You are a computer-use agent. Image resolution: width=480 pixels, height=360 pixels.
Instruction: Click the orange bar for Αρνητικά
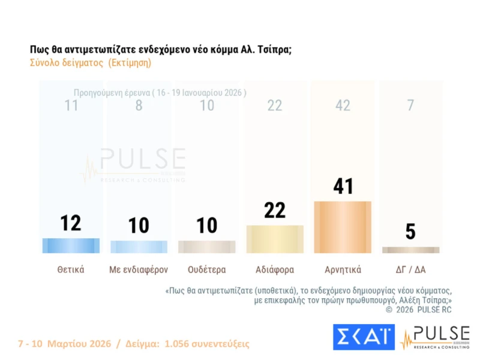point(343,227)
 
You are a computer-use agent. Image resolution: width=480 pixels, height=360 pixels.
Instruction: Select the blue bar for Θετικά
point(71,246)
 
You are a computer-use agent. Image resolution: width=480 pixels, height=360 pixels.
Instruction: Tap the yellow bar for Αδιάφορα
point(275,239)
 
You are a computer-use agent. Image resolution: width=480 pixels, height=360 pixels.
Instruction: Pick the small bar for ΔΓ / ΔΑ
point(410,250)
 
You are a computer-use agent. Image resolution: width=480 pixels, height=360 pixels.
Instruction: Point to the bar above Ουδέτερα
point(207,247)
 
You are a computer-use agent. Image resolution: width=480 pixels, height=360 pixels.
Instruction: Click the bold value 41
point(343,187)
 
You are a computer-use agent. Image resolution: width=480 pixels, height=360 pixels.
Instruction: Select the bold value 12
point(71,223)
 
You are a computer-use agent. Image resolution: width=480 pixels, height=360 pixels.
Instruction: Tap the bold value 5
point(410,232)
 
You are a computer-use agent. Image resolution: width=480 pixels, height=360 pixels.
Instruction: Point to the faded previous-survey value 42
point(343,106)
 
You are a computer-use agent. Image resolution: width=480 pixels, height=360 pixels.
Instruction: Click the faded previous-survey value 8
point(139,106)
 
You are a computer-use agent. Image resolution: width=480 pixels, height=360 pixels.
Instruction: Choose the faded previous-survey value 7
point(410,106)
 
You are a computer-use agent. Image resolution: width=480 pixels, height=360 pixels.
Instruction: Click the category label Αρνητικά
point(343,269)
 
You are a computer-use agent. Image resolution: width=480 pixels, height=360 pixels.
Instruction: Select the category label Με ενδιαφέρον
point(139,269)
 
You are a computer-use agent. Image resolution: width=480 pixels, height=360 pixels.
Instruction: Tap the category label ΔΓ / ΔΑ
point(410,269)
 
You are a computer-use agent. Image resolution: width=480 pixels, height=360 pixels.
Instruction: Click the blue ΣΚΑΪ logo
point(364,337)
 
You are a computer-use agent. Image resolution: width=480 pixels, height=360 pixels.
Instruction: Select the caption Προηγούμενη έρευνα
point(112,93)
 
